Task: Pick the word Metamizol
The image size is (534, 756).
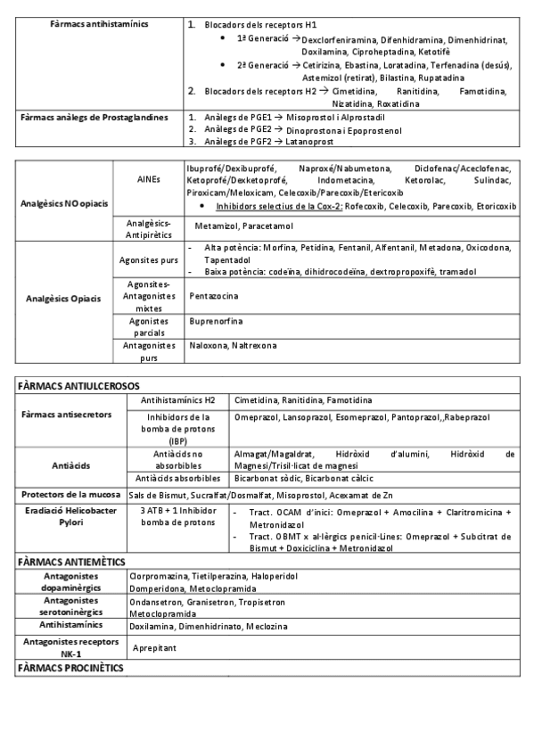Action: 212,227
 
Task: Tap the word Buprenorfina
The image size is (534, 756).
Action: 215,320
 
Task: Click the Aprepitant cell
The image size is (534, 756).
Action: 154,647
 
